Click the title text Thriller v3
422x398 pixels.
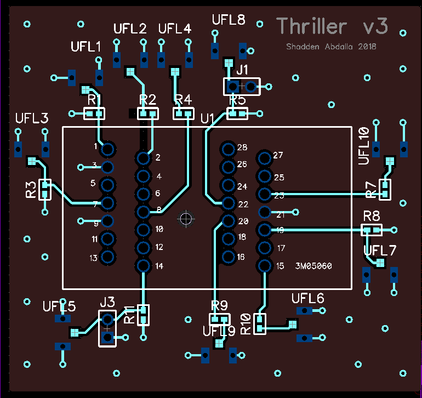pyautogui.click(x=332, y=26)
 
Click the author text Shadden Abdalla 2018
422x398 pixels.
pyautogui.click(x=331, y=47)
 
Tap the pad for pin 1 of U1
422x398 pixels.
pyautogui.click(x=108, y=149)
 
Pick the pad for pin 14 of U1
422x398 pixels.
pyautogui.click(x=144, y=266)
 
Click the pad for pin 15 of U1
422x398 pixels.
pyautogui.click(x=265, y=266)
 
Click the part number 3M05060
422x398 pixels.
pyautogui.click(x=313, y=266)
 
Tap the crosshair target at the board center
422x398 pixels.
pyautogui.click(x=186, y=218)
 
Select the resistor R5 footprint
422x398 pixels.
pyautogui.click(x=237, y=113)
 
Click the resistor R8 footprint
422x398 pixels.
pyautogui.click(x=371, y=230)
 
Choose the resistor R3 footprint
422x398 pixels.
pyautogui.click(x=45, y=190)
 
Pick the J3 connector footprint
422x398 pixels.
pyautogui.click(x=107, y=328)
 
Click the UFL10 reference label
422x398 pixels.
pyautogui.click(x=363, y=146)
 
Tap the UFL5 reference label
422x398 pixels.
pyautogui.click(x=59, y=307)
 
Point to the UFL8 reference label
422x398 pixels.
pyautogui.click(x=229, y=20)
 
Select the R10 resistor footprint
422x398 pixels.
pyautogui.click(x=260, y=323)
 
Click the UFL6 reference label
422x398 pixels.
pyautogui.click(x=308, y=298)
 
